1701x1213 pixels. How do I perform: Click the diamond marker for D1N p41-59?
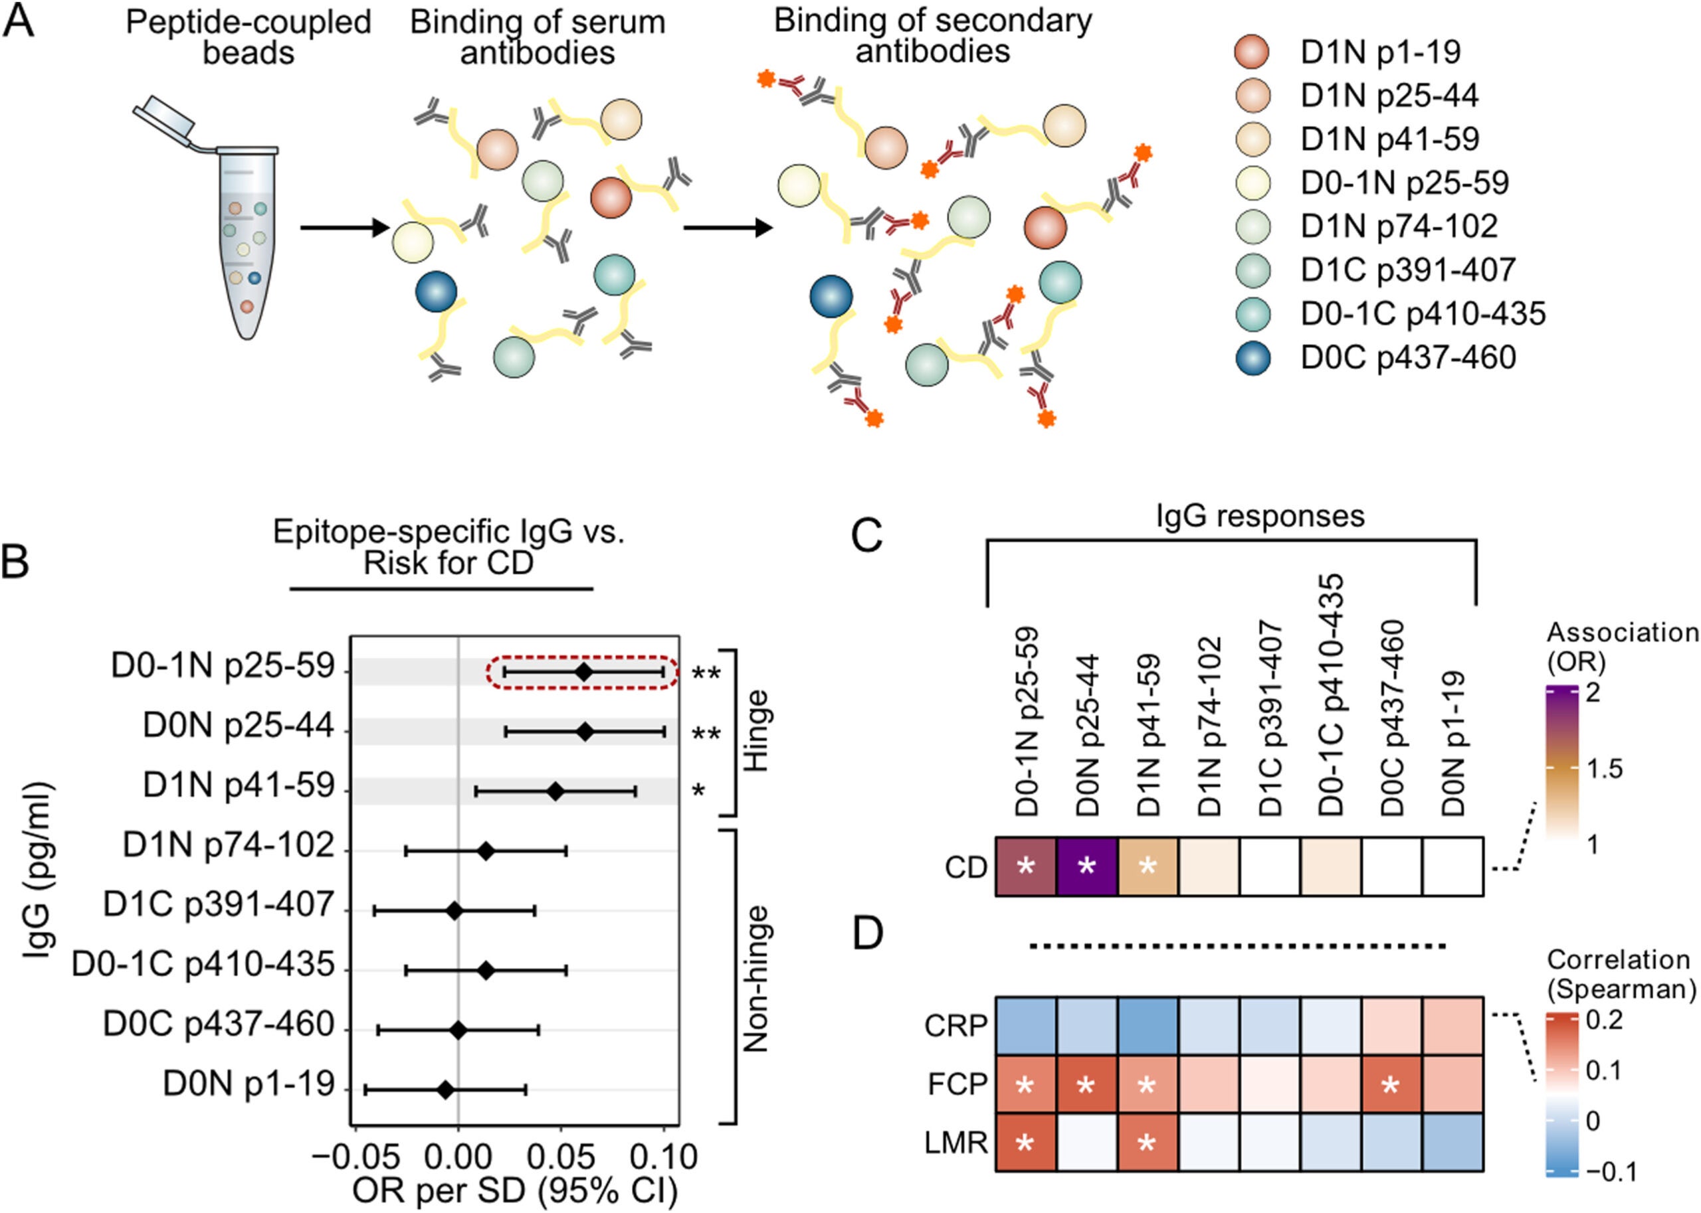(x=555, y=791)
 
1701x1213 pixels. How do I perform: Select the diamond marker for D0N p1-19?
(x=445, y=1090)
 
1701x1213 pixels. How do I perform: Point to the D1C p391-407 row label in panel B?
(x=218, y=906)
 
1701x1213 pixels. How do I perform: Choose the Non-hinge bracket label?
(x=757, y=979)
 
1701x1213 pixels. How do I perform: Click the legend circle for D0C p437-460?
(x=1253, y=357)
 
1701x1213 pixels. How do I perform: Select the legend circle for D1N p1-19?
(x=1253, y=52)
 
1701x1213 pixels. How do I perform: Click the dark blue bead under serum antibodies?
(x=437, y=291)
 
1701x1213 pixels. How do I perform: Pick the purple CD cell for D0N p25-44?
(x=1086, y=866)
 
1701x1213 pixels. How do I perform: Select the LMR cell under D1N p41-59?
(x=1148, y=1142)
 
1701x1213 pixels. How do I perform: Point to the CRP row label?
(x=956, y=1026)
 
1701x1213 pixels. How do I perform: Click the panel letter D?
(x=868, y=934)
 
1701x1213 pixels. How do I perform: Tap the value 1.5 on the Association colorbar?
(x=1605, y=769)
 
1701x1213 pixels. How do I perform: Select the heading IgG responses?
(x=1260, y=516)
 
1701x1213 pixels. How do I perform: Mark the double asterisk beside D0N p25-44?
(x=706, y=734)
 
